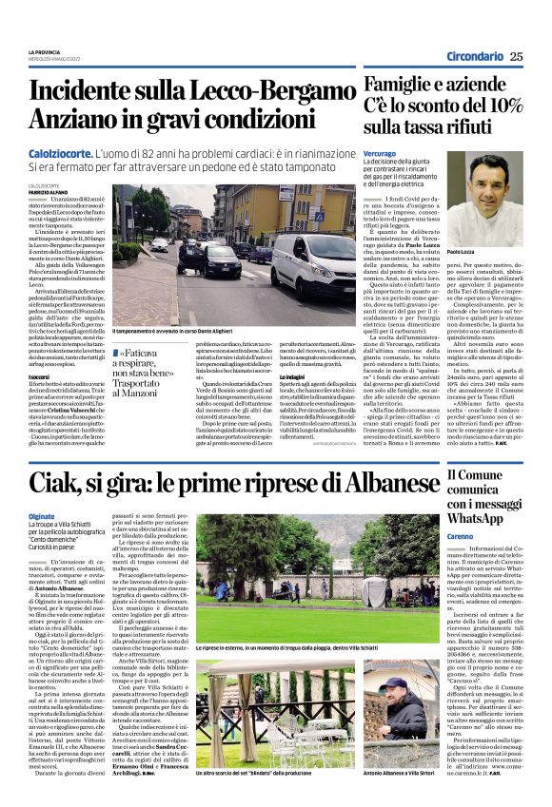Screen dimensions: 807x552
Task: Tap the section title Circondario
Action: (x=473, y=56)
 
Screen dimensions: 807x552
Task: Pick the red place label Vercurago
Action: (x=379, y=152)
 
